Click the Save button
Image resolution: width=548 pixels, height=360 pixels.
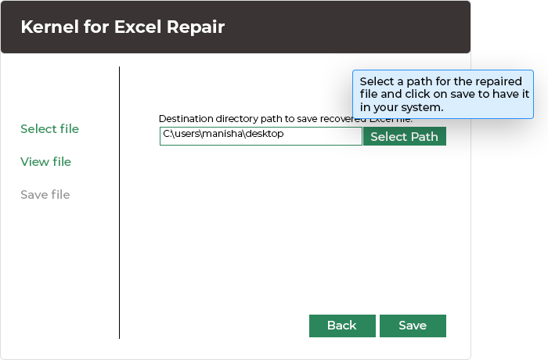coord(413,326)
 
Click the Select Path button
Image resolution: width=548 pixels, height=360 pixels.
coord(404,136)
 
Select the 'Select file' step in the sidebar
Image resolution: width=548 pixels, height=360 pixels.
coord(49,129)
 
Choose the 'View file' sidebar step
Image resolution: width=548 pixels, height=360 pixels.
coord(45,162)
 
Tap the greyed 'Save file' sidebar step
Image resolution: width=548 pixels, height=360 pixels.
coord(45,195)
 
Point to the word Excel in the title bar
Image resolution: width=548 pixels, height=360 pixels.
coord(138,27)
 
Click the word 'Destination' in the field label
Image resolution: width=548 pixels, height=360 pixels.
coord(185,119)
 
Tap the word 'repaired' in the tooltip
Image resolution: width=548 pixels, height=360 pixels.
coord(501,82)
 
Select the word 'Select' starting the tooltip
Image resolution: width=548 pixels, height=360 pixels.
coord(377,82)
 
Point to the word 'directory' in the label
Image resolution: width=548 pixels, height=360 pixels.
coord(237,119)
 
